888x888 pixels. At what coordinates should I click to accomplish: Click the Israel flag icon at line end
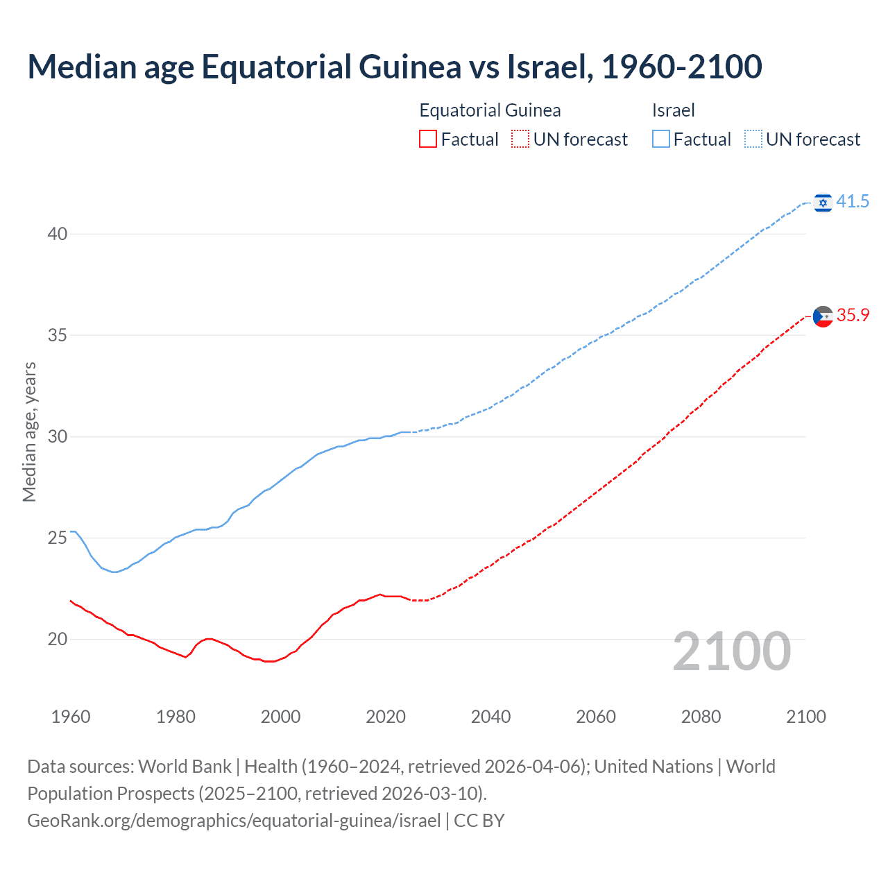click(823, 202)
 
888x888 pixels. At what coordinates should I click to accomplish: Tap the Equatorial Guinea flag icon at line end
click(823, 316)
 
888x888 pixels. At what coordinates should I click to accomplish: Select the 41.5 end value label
click(853, 201)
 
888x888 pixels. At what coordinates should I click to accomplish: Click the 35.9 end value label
click(853, 315)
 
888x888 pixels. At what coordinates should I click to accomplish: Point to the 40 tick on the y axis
click(58, 234)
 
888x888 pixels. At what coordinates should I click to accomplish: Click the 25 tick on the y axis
click(58, 538)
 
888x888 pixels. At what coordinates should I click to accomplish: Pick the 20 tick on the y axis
click(58, 639)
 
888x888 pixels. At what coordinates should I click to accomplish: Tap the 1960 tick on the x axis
click(71, 717)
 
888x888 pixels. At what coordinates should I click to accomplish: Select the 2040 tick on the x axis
click(490, 717)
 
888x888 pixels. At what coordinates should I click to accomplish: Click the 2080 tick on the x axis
click(701, 717)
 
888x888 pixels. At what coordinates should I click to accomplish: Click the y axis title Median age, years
click(29, 432)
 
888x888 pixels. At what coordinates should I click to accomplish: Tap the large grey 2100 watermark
click(731, 651)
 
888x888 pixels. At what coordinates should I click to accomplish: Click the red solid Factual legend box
click(428, 139)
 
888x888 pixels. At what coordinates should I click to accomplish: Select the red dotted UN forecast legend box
click(520, 139)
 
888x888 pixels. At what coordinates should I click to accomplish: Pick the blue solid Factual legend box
click(660, 139)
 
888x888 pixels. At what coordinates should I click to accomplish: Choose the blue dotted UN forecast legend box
click(753, 139)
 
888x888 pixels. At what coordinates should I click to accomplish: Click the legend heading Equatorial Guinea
click(490, 110)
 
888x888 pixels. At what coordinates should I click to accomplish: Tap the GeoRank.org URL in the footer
click(234, 821)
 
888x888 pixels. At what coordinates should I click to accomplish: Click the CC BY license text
click(479, 821)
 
